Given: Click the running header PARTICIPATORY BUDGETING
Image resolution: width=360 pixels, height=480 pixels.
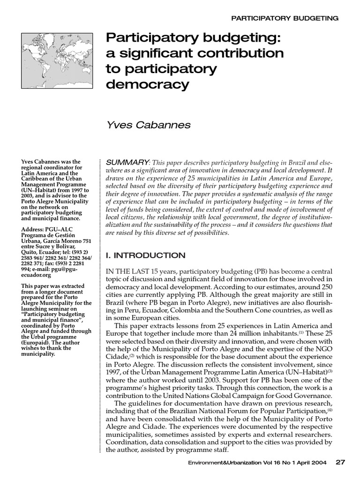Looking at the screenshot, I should click(x=285, y=18).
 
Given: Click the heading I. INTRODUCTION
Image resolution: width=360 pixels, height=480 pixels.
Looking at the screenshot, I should click(x=146, y=255).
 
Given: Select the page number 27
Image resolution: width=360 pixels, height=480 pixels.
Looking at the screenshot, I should click(x=340, y=462).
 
